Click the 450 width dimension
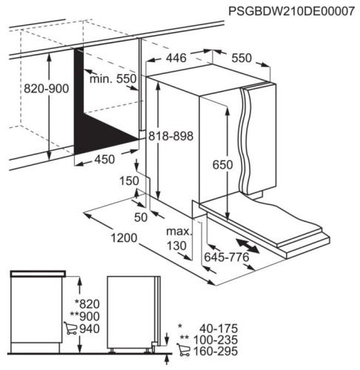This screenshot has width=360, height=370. coord(105,161)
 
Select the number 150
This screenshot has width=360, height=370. coord(128,181)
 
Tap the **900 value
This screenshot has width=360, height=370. coord(84,317)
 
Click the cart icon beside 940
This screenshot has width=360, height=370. coord(72,329)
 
